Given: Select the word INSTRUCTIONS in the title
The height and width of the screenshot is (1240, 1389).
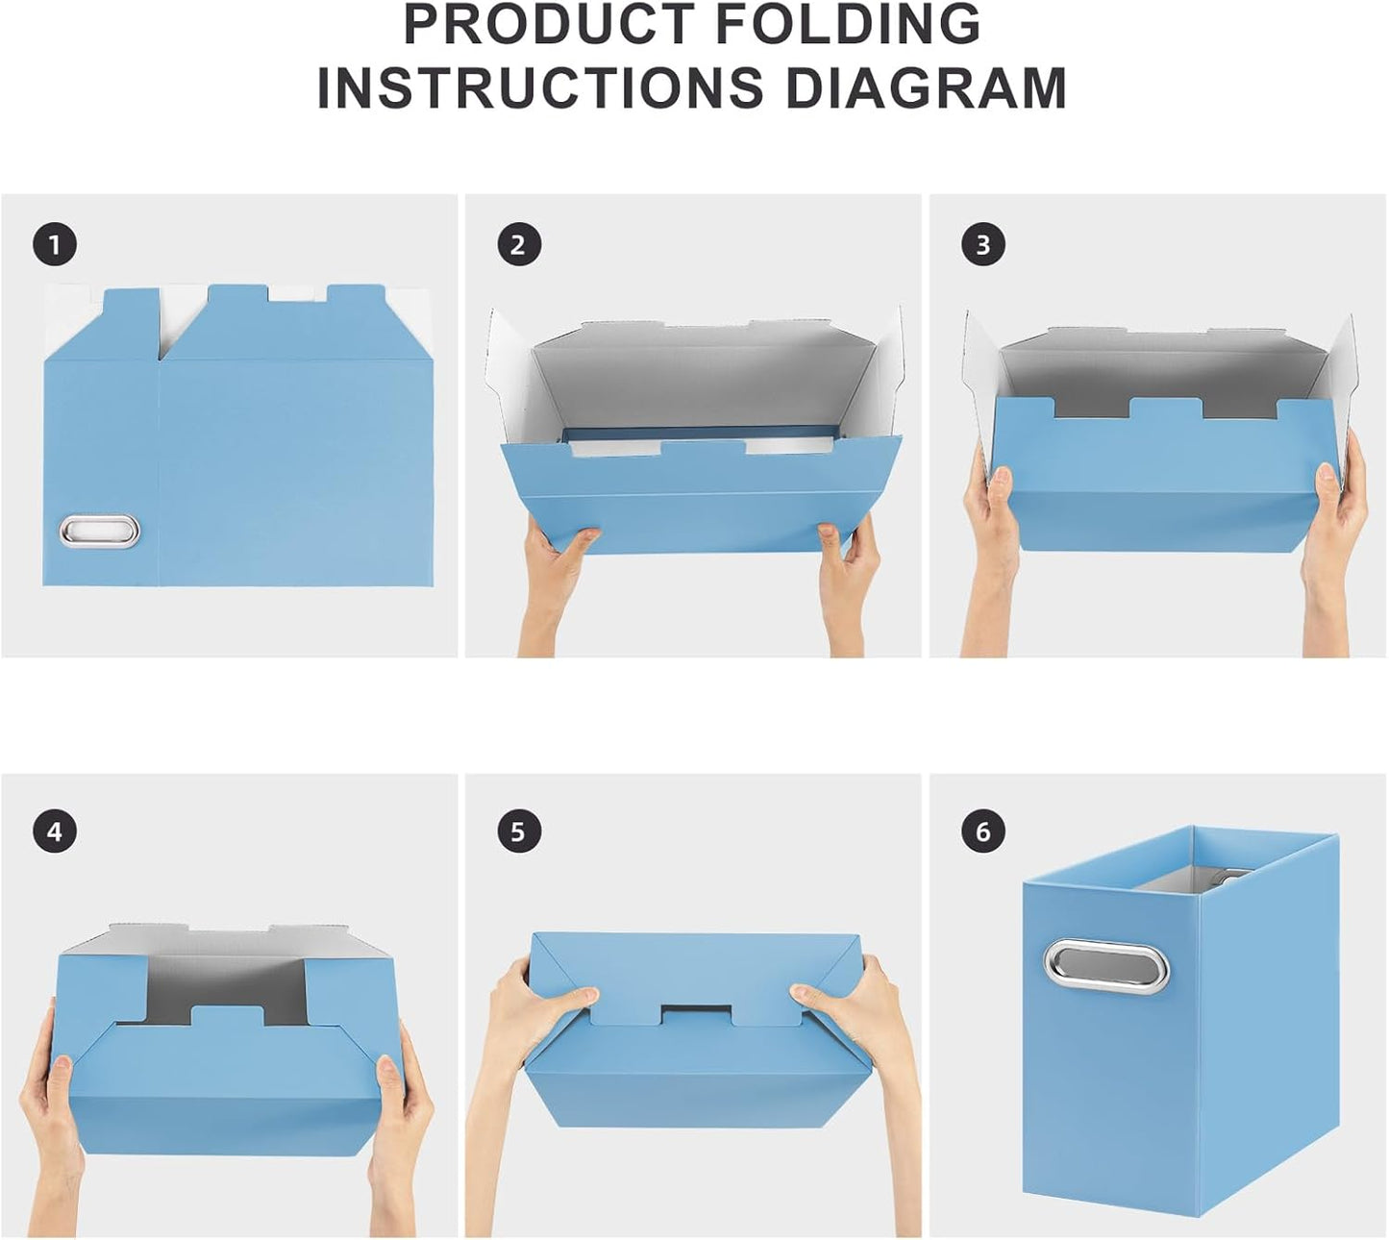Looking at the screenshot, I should tap(540, 88).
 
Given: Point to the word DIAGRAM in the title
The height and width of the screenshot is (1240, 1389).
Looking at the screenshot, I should tap(927, 88).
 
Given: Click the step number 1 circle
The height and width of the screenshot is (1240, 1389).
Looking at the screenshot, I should tap(55, 245).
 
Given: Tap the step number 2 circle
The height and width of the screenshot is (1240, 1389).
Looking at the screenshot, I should tap(519, 245).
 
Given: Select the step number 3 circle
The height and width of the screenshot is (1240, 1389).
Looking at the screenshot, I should tap(982, 245).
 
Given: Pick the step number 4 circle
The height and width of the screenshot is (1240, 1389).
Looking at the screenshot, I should tap(55, 831).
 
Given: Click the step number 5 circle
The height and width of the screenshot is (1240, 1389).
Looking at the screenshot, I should tap(519, 831).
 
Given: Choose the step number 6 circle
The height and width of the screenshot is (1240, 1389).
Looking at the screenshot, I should tap(982, 831).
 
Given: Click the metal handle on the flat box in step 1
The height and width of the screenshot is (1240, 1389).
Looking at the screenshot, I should tap(100, 530).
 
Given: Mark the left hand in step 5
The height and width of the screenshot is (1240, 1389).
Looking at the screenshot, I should tap(538, 1009).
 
